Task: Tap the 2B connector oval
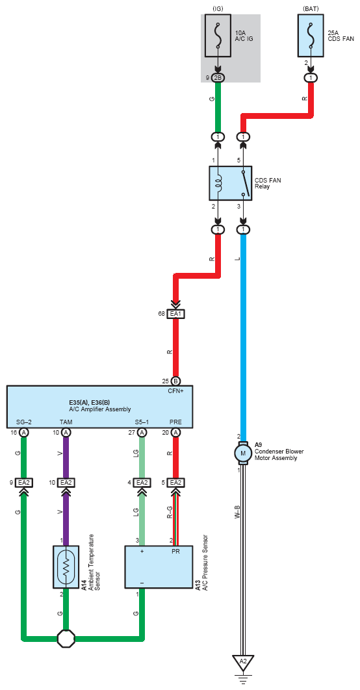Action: coord(218,78)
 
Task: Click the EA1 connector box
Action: coord(175,314)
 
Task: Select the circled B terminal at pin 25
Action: coord(175,381)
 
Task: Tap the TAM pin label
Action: coord(66,422)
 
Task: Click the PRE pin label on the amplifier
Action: coord(175,422)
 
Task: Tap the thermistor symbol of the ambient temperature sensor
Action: coord(66,567)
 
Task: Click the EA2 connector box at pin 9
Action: coord(23,483)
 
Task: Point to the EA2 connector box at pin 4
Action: coord(142,483)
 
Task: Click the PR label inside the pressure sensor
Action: coord(175,551)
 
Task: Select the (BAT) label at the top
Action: coord(311,8)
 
